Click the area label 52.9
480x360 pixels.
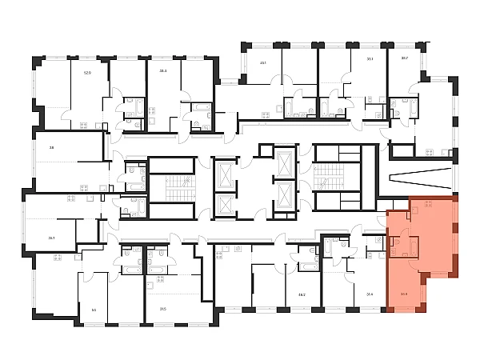click(x=87, y=72)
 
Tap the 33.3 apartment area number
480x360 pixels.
click(x=162, y=70)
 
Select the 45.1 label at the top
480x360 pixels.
click(x=262, y=62)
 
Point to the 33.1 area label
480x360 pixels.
click(x=370, y=58)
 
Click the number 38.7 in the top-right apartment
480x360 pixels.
click(x=404, y=58)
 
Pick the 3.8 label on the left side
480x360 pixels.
click(x=50, y=147)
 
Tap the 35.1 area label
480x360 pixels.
click(x=51, y=238)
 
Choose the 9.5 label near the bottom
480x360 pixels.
click(x=94, y=309)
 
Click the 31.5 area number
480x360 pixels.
click(x=162, y=309)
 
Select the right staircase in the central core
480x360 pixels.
click(x=327, y=177)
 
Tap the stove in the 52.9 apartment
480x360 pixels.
click(x=83, y=126)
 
